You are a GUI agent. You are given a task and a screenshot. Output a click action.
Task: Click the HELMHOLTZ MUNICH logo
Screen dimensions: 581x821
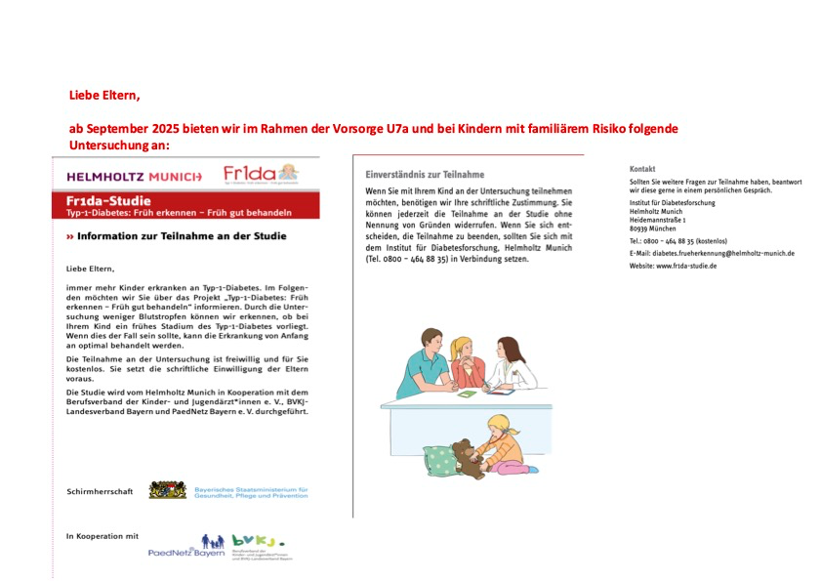[x=134, y=177]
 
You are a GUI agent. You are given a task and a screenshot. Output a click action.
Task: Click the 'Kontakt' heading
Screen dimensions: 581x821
[x=642, y=168]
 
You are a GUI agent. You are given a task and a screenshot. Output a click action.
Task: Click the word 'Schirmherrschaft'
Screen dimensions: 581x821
[x=99, y=490]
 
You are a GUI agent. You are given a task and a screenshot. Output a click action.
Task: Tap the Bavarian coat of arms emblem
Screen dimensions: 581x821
[x=168, y=490]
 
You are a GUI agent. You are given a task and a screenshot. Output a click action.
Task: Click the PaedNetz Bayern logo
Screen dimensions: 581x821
[x=186, y=547]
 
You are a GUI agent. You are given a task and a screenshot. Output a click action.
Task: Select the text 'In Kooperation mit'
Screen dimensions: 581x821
[x=103, y=536]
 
